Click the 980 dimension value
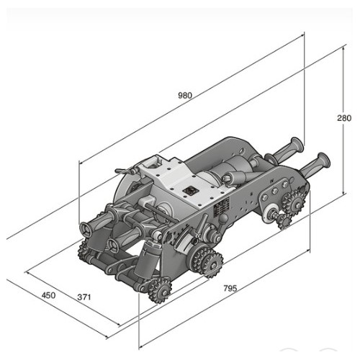pos(185,96)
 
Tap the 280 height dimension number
pos(344,118)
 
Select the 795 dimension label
pos(230,288)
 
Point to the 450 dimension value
pos(48,295)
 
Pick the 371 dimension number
pos(84,297)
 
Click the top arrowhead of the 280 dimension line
pos(343,49)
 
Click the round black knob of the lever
pos(224,218)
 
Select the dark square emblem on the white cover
pos(190,191)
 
